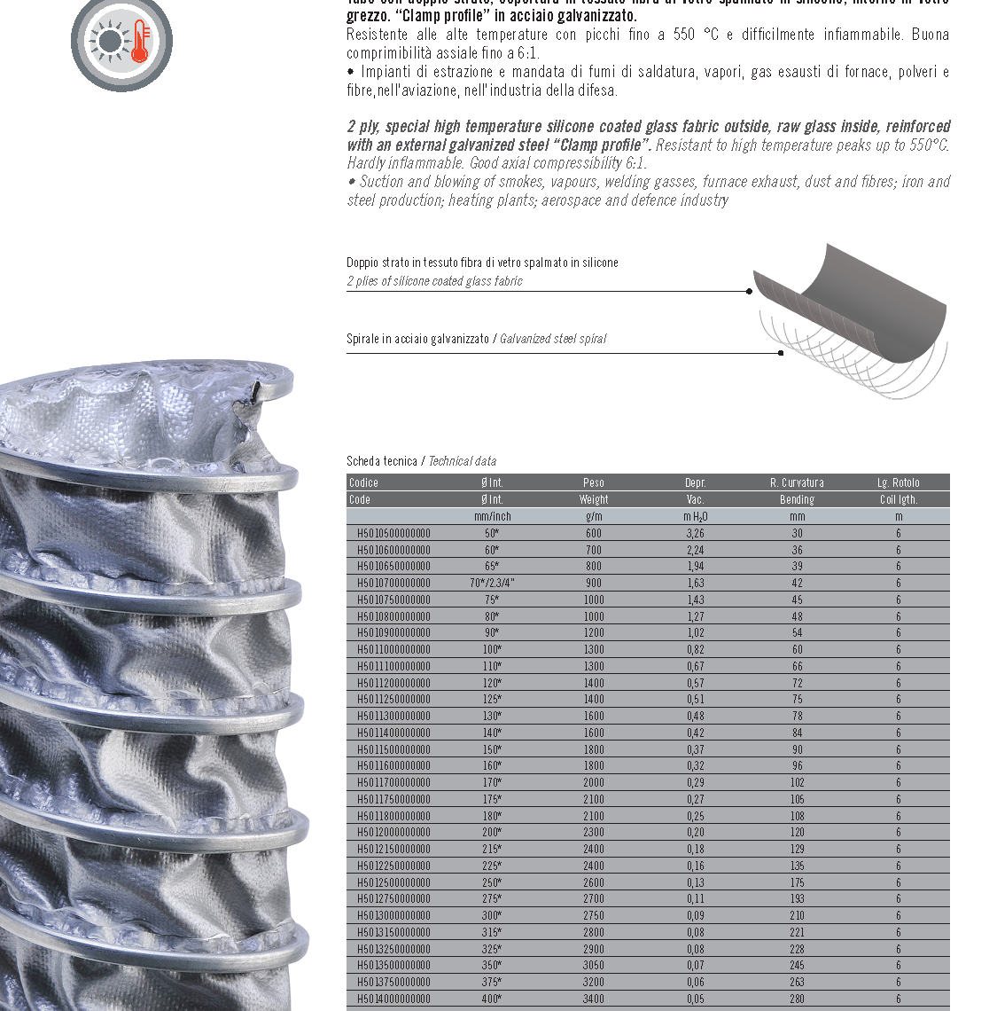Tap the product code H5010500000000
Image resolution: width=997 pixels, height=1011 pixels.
[x=393, y=533]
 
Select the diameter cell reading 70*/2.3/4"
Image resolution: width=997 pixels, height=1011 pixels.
[x=492, y=583]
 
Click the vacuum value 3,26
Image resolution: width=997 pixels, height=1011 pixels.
[x=695, y=533]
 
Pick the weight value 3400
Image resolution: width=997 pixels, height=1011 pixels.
[x=593, y=999]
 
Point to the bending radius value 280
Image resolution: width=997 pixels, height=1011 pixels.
[x=797, y=999]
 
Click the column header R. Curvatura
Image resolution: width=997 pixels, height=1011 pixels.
[x=797, y=482]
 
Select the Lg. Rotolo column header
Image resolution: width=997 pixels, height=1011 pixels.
[x=898, y=482]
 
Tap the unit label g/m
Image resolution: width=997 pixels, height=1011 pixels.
[x=593, y=516]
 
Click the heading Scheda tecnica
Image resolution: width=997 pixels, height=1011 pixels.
[x=382, y=461]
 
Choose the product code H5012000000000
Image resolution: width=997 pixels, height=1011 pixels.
[x=393, y=832]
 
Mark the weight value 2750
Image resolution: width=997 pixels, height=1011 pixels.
[x=593, y=915]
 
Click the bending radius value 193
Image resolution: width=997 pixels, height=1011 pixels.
[x=797, y=898]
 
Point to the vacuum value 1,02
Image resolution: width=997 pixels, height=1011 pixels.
[x=695, y=632]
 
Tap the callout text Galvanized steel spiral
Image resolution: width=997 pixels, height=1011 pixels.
[x=553, y=339]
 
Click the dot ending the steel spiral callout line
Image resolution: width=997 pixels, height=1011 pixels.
[x=780, y=353]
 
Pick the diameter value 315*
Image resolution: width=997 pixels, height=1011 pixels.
[x=492, y=932]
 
